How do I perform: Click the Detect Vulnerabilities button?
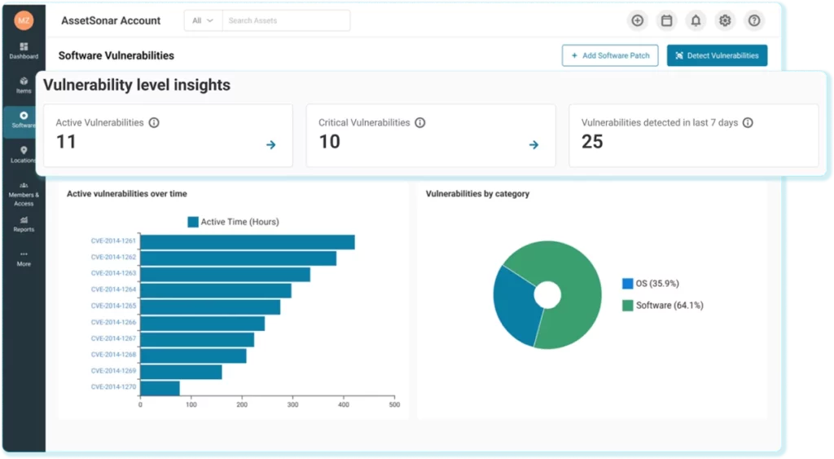coord(717,55)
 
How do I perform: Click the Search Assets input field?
coord(285,20)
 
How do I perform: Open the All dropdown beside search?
coord(203,20)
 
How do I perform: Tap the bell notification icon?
coord(696,21)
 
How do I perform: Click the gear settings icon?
coord(724,21)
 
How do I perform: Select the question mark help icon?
coord(754,21)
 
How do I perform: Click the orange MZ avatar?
coord(24,20)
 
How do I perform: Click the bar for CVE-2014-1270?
coord(160,388)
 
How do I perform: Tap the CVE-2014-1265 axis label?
coord(113,306)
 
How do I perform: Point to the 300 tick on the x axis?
coord(292,404)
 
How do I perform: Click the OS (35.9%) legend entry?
coord(651,284)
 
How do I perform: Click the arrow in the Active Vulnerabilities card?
coord(271,145)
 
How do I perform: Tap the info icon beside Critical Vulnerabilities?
coord(420,123)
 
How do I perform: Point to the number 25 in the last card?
coord(592,142)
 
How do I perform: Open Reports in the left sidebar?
coord(24,224)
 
